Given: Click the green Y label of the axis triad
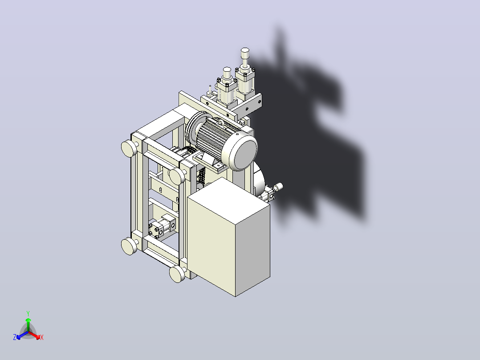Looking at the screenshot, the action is coord(28,313).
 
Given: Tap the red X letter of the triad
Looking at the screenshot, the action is coord(42,337).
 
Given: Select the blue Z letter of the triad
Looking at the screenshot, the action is coord(15,337).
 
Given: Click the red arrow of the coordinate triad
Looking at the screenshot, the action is coord(34,335).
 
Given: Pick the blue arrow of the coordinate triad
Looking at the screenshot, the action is coord(22,335).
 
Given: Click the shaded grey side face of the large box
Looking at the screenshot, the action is coord(253,251).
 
